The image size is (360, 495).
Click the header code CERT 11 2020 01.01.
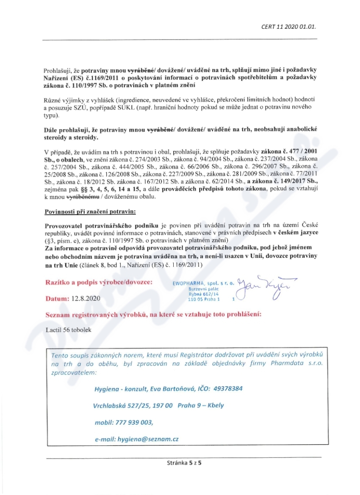point(288,26)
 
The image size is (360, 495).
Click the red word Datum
point(56,298)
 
